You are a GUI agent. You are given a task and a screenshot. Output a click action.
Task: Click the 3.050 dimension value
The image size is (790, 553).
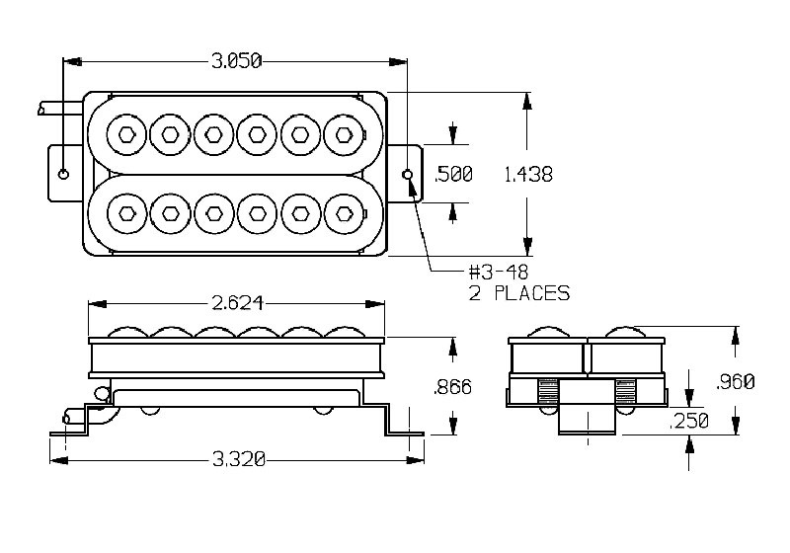click(236, 61)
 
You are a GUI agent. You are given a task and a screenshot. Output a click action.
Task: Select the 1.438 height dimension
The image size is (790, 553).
click(528, 175)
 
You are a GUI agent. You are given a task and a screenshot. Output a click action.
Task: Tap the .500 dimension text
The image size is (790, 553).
click(454, 175)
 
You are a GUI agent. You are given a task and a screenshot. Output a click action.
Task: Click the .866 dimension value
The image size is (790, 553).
click(453, 387)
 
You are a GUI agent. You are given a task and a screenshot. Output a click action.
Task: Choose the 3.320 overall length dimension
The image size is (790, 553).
click(237, 460)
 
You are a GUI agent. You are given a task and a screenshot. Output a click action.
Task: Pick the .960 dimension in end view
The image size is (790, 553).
click(735, 381)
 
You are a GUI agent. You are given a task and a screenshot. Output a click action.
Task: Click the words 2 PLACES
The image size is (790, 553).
click(520, 293)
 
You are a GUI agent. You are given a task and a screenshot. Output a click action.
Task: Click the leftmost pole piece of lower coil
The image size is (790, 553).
click(126, 210)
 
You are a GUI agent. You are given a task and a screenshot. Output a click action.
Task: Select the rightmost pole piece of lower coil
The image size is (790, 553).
click(344, 210)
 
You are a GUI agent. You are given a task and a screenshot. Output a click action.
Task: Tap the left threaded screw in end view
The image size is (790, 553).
click(549, 391)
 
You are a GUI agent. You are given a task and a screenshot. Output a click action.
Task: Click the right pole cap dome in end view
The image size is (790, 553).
click(628, 333)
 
